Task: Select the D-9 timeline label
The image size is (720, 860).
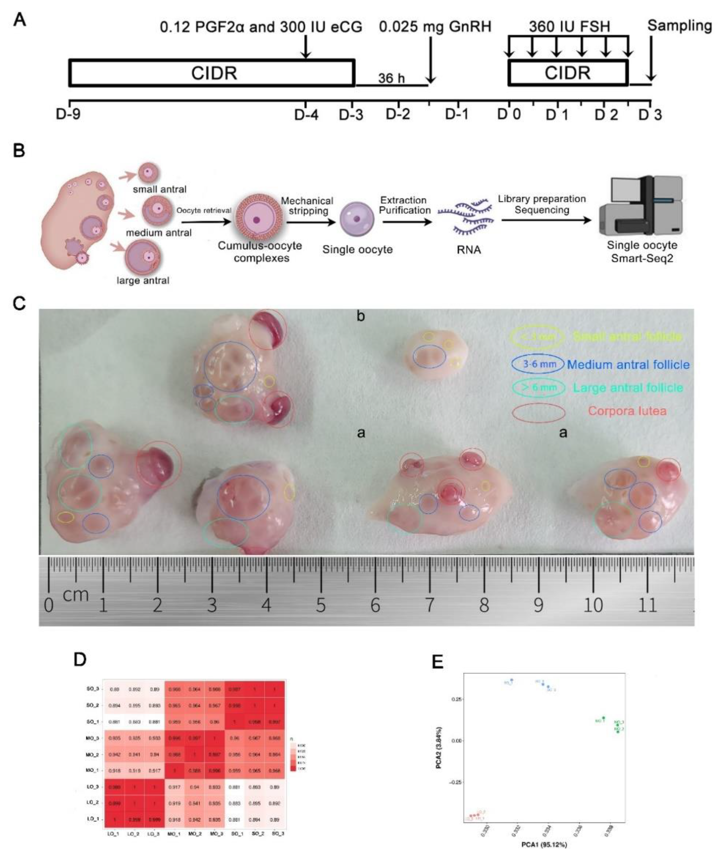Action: [68, 115]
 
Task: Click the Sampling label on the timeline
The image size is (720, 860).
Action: [679, 26]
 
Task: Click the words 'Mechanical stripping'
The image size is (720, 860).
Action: [307, 206]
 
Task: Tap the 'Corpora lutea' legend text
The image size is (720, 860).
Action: [627, 411]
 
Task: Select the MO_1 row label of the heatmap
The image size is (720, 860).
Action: [92, 770]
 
